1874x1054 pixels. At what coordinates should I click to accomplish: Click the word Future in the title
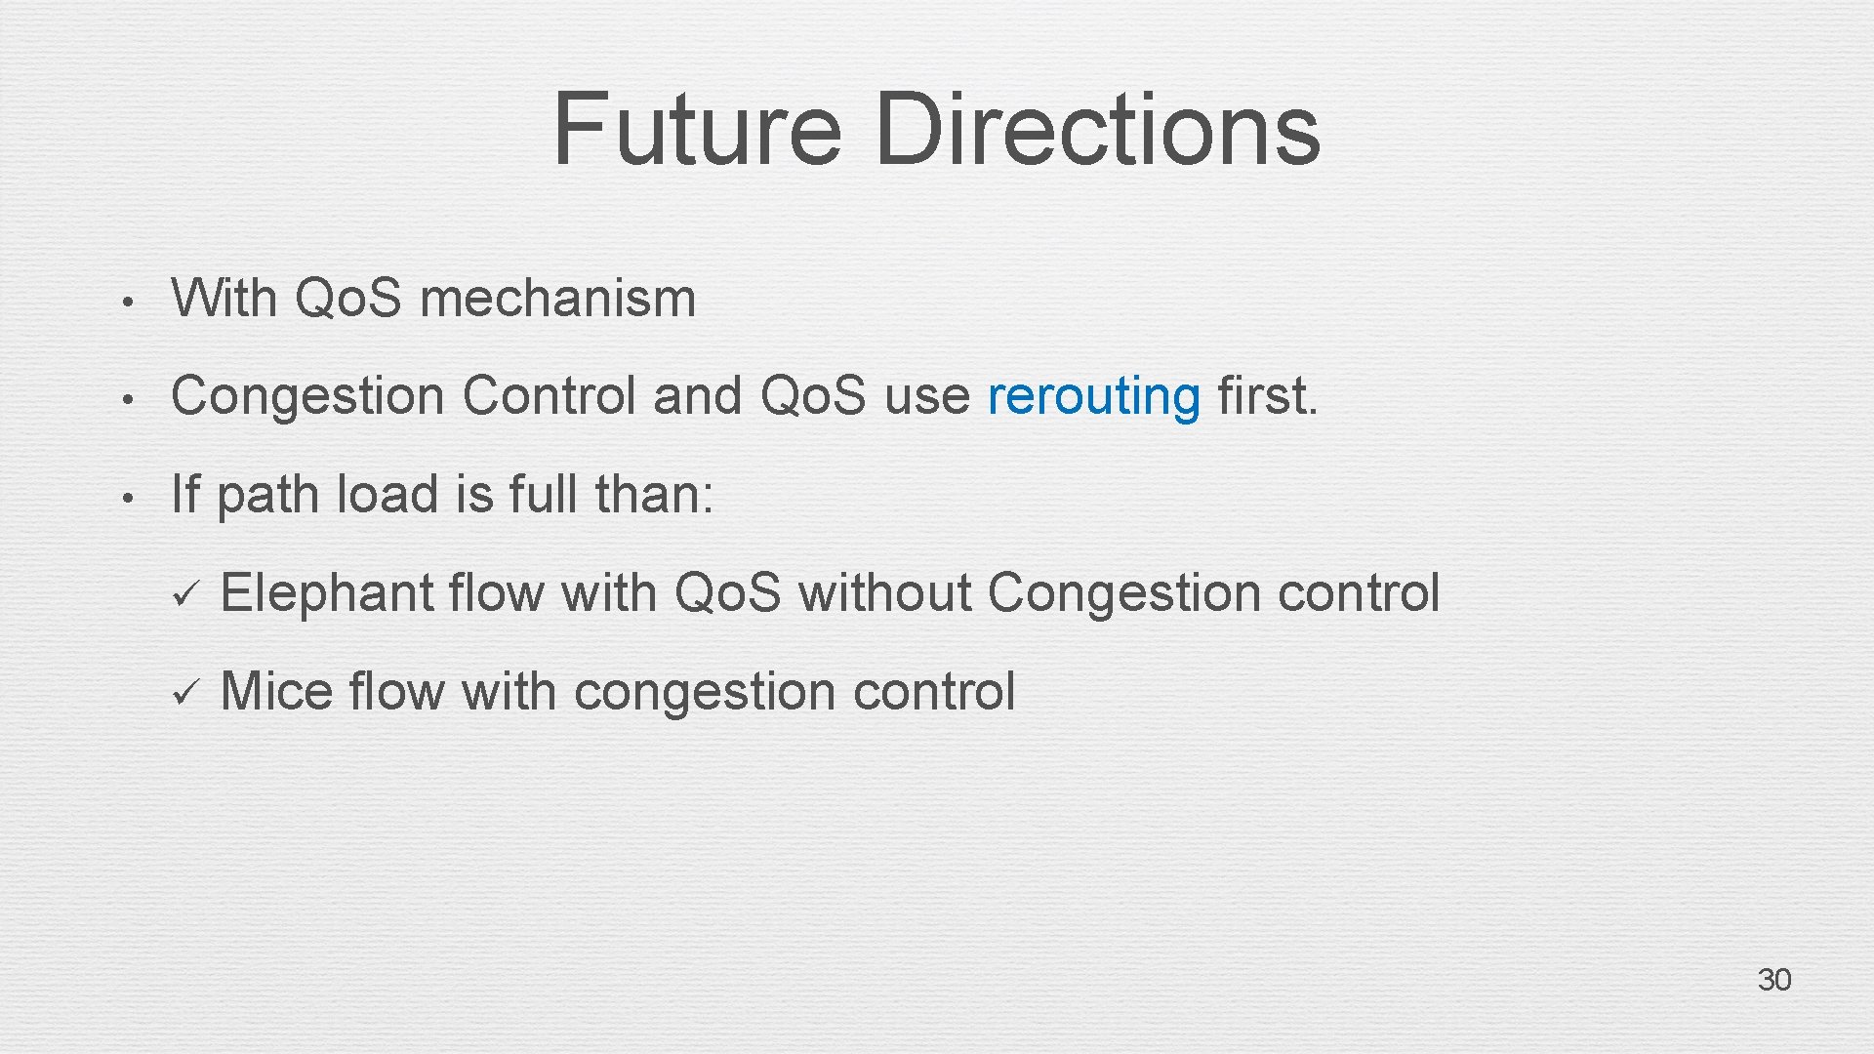696,129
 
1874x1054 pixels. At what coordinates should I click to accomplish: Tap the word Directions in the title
1097,129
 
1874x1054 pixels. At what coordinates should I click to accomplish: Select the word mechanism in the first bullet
557,298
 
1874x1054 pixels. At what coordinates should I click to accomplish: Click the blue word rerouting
1093,397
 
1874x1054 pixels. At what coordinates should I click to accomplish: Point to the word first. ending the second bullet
1267,396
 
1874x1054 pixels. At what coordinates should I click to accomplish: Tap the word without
884,593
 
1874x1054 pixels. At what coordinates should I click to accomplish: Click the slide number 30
1773,980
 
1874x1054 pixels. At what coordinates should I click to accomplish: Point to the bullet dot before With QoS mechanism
126,302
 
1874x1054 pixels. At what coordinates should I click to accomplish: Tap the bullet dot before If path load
126,498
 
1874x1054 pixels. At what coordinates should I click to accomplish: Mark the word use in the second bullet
926,397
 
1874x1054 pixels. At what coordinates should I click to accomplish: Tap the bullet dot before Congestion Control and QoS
126,399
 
